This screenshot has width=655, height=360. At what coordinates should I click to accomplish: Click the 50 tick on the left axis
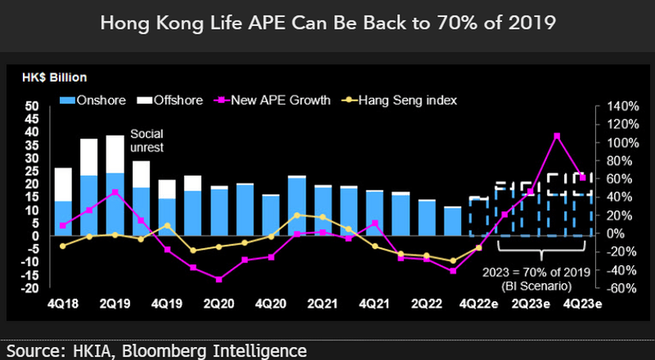point(32,106)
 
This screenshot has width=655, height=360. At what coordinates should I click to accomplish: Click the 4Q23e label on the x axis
point(583,304)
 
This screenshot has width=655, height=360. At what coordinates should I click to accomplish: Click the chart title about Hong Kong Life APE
point(327,25)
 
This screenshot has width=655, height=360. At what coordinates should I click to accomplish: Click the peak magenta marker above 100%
point(557,135)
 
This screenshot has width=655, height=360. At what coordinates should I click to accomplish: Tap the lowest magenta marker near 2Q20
point(219,280)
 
